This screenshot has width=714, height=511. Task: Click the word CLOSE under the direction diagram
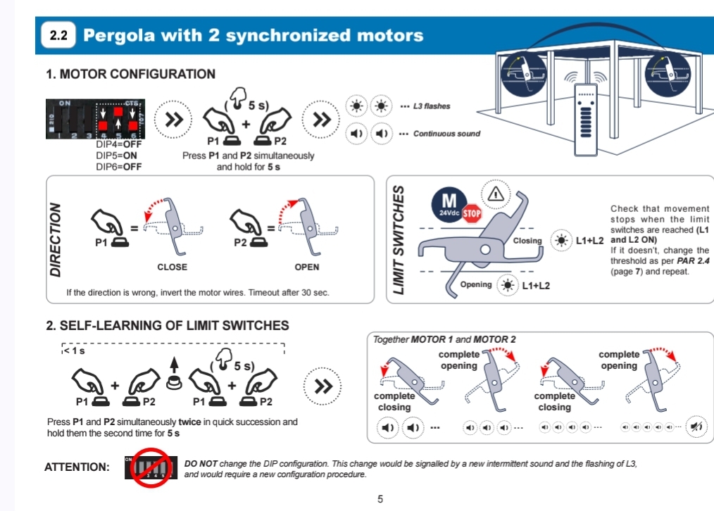tap(172, 267)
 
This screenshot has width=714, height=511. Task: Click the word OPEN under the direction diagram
tap(307, 267)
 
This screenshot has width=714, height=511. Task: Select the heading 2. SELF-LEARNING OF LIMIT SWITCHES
tap(168, 326)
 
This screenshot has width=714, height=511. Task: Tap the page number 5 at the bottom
tap(380, 499)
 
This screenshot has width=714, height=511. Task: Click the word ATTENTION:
tap(76, 467)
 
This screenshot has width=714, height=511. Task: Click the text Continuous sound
tap(446, 134)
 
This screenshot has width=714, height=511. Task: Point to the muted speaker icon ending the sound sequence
tap(697, 427)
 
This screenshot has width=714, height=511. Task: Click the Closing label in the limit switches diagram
tap(527, 241)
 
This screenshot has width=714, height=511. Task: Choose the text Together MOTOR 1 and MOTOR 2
tap(444, 339)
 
